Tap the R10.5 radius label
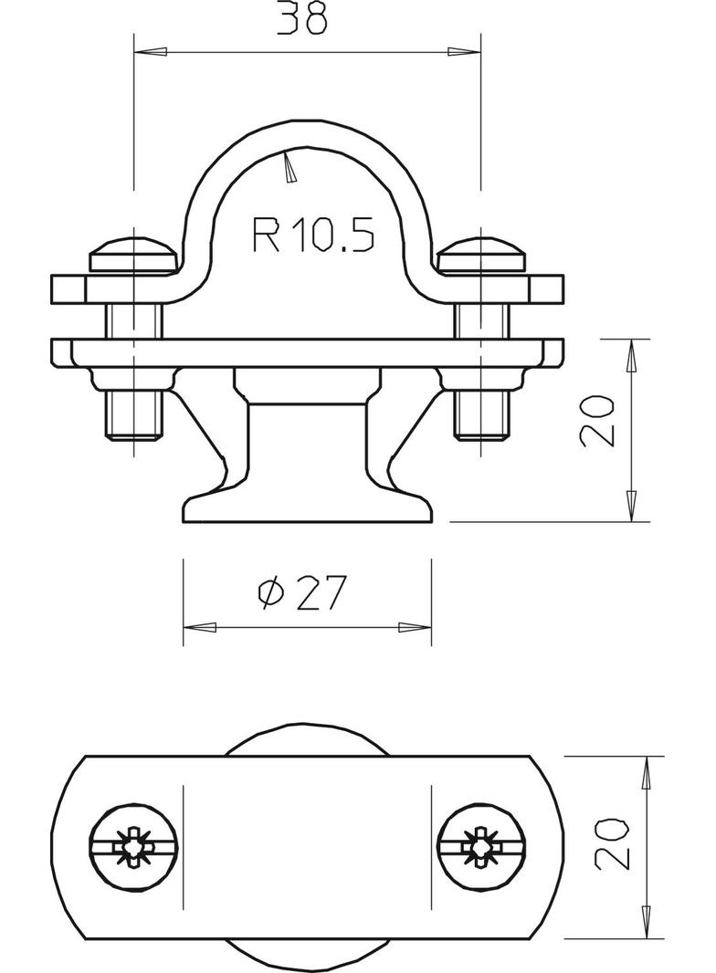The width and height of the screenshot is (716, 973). tap(312, 235)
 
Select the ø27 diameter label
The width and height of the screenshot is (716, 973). tap(302, 594)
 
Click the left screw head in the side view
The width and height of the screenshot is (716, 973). tap(133, 256)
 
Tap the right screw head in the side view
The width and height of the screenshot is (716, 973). tap(481, 256)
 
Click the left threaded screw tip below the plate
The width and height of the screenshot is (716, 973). tap(134, 415)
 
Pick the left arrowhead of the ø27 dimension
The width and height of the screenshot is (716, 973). tap(201, 628)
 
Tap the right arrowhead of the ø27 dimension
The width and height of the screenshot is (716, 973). tap(414, 628)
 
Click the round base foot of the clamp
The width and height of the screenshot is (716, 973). tap(307, 508)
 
